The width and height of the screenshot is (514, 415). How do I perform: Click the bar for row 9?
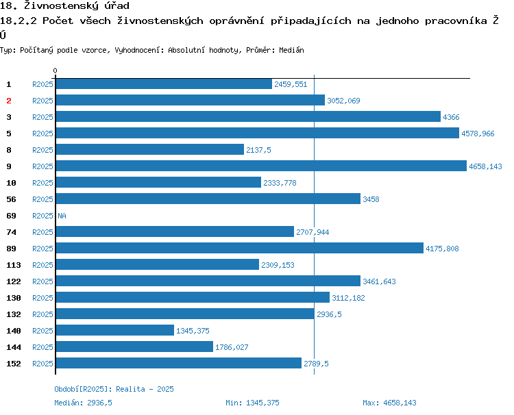(260, 166)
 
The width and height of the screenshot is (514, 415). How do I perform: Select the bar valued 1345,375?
(114, 330)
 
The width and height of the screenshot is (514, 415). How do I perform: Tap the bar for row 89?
(239, 248)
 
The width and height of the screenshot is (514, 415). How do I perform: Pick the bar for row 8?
(149, 149)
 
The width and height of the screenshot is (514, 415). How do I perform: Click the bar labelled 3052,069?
(190, 100)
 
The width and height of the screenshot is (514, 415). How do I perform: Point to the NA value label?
(62, 216)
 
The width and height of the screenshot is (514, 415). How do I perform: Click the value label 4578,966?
(478, 134)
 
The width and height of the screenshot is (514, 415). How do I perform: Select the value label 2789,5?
(316, 364)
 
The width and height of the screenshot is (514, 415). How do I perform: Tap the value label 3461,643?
(379, 281)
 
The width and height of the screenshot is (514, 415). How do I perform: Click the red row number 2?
(9, 101)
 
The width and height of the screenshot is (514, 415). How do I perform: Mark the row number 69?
(11, 216)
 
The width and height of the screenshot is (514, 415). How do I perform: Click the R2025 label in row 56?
(42, 199)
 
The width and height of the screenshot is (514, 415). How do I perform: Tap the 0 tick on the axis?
(56, 71)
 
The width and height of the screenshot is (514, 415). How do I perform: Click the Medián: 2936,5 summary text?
(83, 403)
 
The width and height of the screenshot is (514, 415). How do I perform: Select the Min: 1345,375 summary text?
(252, 403)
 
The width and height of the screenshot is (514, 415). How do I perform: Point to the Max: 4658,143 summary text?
(389, 403)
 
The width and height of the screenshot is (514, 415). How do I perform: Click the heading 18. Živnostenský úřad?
(65, 6)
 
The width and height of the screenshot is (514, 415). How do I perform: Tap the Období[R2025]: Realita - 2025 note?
(114, 389)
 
